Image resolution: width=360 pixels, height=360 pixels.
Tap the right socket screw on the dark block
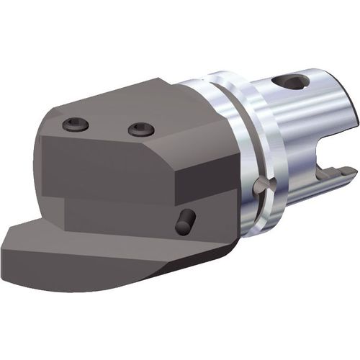[x=141, y=130]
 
